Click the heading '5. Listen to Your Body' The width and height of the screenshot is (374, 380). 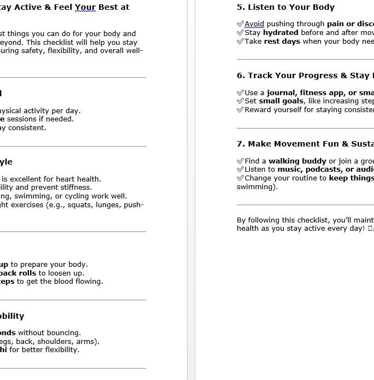point(285,7)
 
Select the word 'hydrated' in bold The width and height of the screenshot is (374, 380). point(280,33)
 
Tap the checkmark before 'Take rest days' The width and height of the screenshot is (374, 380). point(240,42)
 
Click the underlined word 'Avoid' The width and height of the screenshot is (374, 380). point(254,24)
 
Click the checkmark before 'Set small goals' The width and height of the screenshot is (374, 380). point(240,101)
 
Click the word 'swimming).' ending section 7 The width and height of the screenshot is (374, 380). point(257,187)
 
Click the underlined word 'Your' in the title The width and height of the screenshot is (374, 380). point(85,8)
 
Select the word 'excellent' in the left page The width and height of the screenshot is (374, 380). point(26,179)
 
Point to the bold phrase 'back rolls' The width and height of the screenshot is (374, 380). point(18,273)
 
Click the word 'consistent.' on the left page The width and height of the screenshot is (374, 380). point(27,128)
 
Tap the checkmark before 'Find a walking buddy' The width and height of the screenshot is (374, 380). point(240,161)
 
